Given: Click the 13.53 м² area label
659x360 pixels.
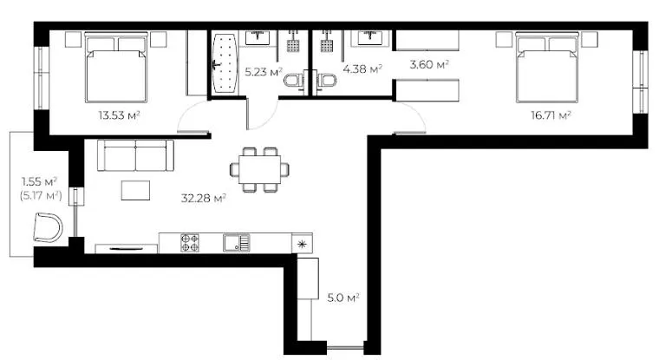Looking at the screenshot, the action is coord(119,115).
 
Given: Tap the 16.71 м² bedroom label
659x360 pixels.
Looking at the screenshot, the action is coord(551,115).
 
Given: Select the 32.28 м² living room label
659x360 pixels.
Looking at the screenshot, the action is coord(204,198).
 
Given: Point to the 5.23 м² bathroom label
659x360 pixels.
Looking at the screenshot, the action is coord(264,71).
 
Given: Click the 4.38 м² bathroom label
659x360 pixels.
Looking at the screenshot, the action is coord(362,69).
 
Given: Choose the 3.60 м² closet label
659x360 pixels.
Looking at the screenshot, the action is coord(429,64).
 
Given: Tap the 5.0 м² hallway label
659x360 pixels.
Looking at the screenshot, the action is coord(343,298).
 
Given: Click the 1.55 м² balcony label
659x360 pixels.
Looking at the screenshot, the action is coord(40,181).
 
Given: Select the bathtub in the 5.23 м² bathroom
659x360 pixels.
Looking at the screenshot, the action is coord(224,63).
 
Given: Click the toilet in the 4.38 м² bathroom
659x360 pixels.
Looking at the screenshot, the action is coord(326,80).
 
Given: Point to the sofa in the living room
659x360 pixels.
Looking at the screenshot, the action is coord(135,155).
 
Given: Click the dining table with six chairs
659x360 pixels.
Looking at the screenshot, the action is coord(259,169).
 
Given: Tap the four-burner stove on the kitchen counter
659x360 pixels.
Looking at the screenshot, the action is coord(190,243).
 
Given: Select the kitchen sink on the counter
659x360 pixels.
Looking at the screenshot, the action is coord(237,243).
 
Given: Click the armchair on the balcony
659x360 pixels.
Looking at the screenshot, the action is coord(48,227).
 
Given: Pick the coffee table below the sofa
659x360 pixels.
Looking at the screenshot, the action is coord(135,191).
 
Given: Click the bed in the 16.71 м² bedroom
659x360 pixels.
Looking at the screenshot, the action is coord(547,68).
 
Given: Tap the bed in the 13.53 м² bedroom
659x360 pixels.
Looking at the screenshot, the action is coord(116,68).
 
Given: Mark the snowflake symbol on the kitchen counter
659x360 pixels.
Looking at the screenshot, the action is coord(302,245).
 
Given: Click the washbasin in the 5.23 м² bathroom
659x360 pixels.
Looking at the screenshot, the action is coord(258,37).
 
